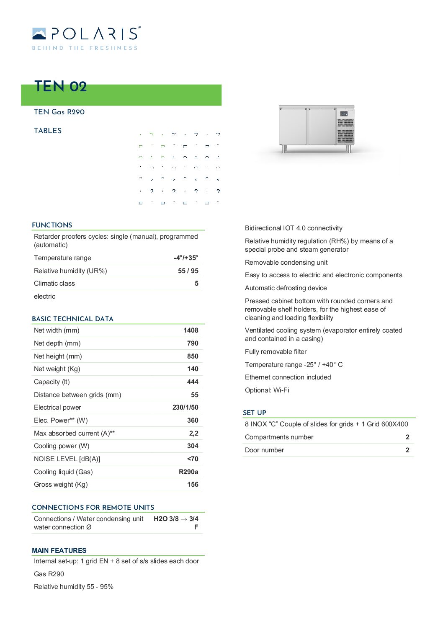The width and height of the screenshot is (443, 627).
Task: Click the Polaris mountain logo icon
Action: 39,34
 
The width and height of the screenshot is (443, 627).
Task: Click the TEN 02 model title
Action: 60,86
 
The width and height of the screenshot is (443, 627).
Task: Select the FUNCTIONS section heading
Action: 52,225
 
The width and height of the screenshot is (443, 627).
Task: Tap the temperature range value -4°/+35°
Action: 186,258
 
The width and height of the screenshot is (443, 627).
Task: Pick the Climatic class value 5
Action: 196,284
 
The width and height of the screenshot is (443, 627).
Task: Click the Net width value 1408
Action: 191,330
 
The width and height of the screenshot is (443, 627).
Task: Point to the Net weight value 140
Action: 193,369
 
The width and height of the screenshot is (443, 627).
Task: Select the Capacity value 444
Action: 193,382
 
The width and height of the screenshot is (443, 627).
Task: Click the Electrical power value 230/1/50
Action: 185,408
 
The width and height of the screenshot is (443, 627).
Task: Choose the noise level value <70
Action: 193,459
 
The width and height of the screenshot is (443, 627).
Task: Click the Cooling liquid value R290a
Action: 188,472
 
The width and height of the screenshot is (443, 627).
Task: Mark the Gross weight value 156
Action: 193,485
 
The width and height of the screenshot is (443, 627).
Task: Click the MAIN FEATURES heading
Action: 59,550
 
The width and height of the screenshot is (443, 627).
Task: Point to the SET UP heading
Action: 254,413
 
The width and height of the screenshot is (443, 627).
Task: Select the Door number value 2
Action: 407,450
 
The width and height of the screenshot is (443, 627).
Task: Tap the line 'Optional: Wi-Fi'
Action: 267,390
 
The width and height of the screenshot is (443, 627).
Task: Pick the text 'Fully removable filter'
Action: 276,352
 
